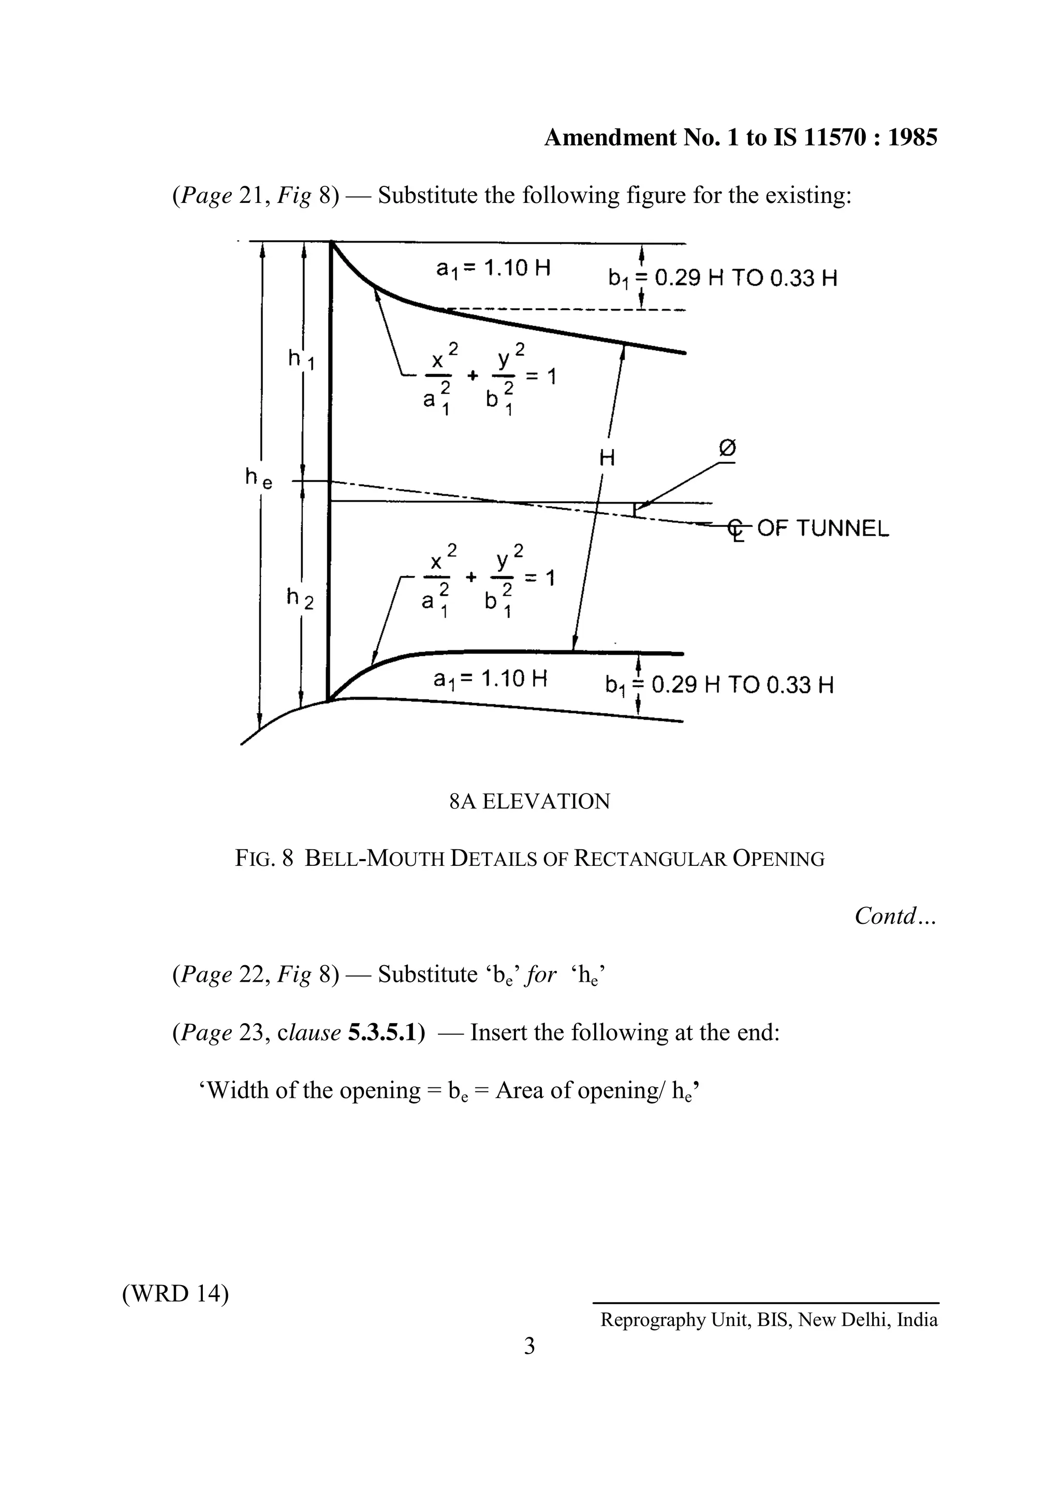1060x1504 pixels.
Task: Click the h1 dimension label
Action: click(x=301, y=359)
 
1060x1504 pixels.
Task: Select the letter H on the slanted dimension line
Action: click(x=607, y=458)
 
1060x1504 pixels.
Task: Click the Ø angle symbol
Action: click(x=727, y=449)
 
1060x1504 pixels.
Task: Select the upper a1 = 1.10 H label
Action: click(x=493, y=269)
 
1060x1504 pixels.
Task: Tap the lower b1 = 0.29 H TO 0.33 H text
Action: click(x=719, y=686)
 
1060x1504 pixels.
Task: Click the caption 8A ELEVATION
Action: click(x=529, y=801)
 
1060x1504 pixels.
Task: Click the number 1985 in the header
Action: click(x=911, y=138)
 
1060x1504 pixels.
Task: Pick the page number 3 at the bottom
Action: click(x=529, y=1347)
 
